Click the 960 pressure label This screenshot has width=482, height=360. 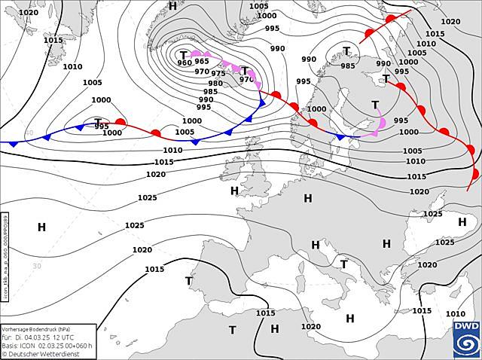pyautogui.click(x=185, y=63)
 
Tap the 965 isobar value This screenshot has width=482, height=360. pyautogui.click(x=202, y=62)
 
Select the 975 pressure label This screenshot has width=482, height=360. pyautogui.click(x=218, y=74)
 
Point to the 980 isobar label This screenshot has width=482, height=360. pyautogui.click(x=215, y=84)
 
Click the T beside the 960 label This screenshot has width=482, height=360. pyautogui.click(x=183, y=54)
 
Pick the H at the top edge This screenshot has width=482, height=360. pyautogui.click(x=172, y=6)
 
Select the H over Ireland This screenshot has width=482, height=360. pyautogui.click(x=234, y=191)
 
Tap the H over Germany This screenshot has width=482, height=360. pyautogui.click(x=307, y=198)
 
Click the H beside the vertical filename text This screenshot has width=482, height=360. pyautogui.click(x=41, y=227)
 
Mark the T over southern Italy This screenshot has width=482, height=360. pyautogui.click(x=343, y=264)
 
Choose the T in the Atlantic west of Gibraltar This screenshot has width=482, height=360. pyautogui.click(x=189, y=281)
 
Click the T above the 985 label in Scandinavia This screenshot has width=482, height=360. pyautogui.click(x=346, y=51)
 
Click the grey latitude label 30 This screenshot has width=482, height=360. pyautogui.click(x=37, y=266)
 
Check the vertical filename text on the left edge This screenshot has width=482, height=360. pyautogui.click(x=5, y=257)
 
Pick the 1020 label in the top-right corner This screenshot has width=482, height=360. pyautogui.click(x=450, y=22)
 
